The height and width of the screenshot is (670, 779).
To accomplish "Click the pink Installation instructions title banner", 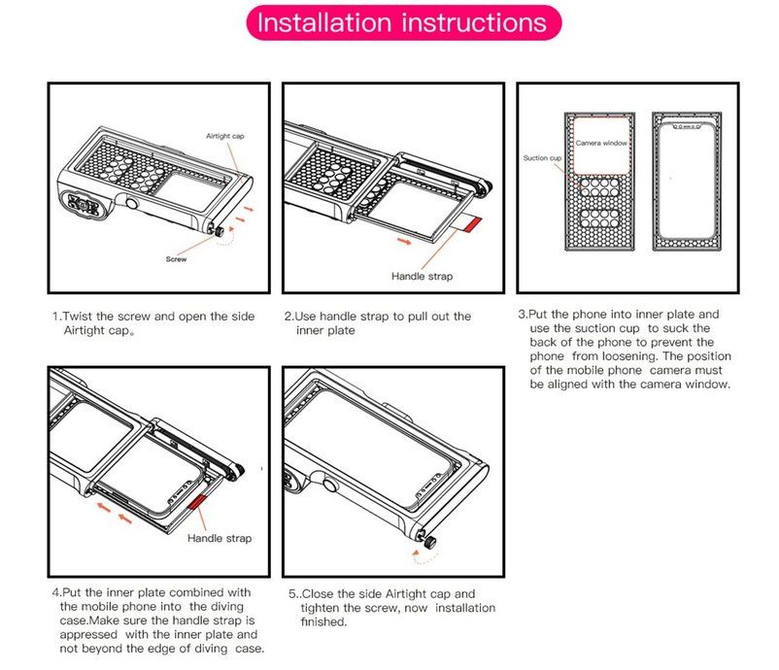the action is pyautogui.click(x=404, y=23).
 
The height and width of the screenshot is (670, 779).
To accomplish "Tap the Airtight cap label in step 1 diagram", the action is pyautogui.click(x=225, y=136).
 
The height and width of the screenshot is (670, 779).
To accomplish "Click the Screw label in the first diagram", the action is pyautogui.click(x=176, y=259).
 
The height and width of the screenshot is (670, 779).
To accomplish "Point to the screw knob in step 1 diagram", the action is pyautogui.click(x=219, y=231).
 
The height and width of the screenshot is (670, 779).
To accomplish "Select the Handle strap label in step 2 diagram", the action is pyautogui.click(x=422, y=277).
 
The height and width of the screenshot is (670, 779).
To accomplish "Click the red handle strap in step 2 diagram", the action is pyautogui.click(x=471, y=224).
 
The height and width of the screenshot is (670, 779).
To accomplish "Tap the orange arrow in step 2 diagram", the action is pyautogui.click(x=405, y=242).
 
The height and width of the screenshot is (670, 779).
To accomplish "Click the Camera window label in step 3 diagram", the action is pyautogui.click(x=601, y=143).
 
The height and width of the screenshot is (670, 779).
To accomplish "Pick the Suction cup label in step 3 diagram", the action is pyautogui.click(x=542, y=158).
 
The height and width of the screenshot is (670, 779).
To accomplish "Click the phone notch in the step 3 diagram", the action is pyautogui.click(x=687, y=127).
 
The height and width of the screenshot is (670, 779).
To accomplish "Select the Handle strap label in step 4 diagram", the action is pyautogui.click(x=220, y=538).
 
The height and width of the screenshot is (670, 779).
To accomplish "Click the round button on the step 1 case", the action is pyautogui.click(x=132, y=204).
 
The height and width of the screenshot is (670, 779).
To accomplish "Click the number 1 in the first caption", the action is pyautogui.click(x=55, y=317).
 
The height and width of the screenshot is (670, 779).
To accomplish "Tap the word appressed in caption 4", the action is pyautogui.click(x=88, y=635).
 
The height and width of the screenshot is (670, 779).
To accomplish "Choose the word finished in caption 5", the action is pyautogui.click(x=322, y=621).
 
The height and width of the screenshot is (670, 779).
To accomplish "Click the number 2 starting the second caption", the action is pyautogui.click(x=288, y=317).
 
